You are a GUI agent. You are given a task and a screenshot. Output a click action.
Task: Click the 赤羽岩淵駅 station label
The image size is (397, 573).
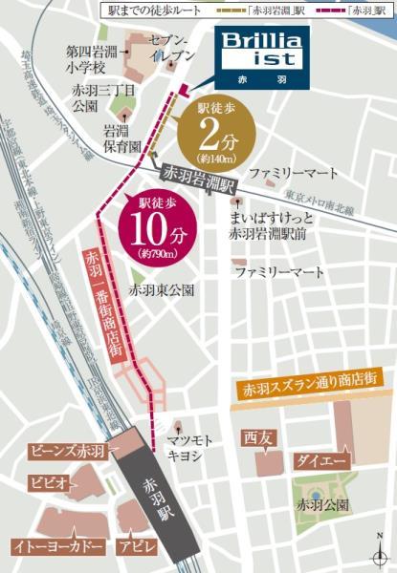198,180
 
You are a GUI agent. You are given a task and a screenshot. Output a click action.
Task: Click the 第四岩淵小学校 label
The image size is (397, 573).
86,59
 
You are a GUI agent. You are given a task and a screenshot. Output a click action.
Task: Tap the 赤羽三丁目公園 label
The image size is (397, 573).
91,97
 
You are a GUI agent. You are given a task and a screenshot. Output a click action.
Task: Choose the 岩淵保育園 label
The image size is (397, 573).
122,139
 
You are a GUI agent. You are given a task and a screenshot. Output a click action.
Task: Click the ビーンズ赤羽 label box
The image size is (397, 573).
66,451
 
